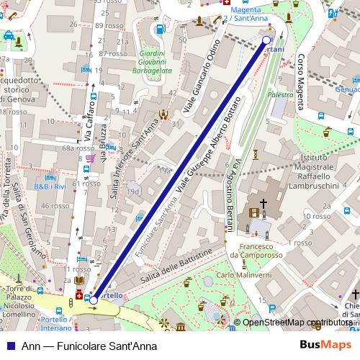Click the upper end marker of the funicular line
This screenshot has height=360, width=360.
pos(267,40)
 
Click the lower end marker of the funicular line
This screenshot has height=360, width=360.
pos(94,300)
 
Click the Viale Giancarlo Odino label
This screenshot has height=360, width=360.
pos(201,73)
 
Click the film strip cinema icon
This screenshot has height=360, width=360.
pos(254,212)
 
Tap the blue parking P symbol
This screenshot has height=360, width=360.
pos(271,310)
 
